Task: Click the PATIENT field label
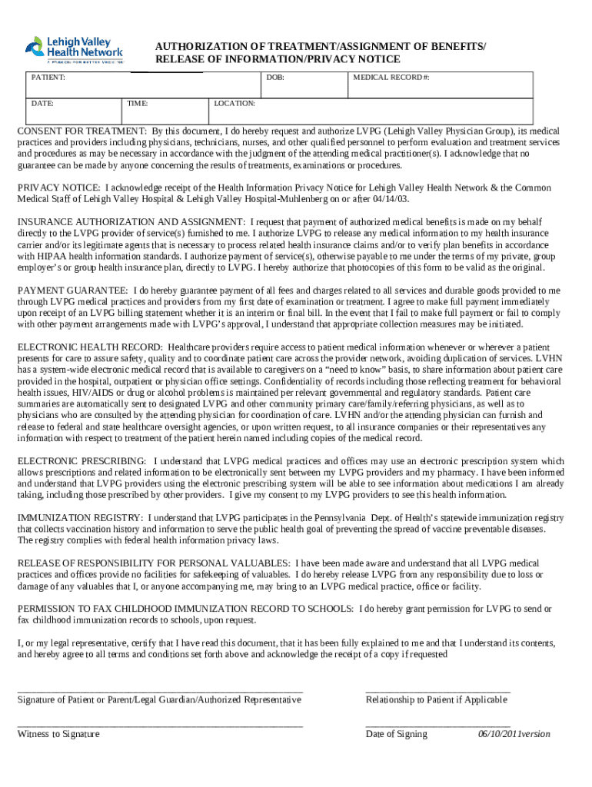coord(48,78)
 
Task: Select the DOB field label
coord(274,78)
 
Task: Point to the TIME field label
coord(138,102)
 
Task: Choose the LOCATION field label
coord(234,102)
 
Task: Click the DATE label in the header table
coord(42,102)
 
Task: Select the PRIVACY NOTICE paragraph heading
coord(58,188)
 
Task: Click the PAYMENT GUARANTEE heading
coord(73,291)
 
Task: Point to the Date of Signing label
coord(396,734)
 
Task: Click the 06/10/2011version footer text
coord(514,734)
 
